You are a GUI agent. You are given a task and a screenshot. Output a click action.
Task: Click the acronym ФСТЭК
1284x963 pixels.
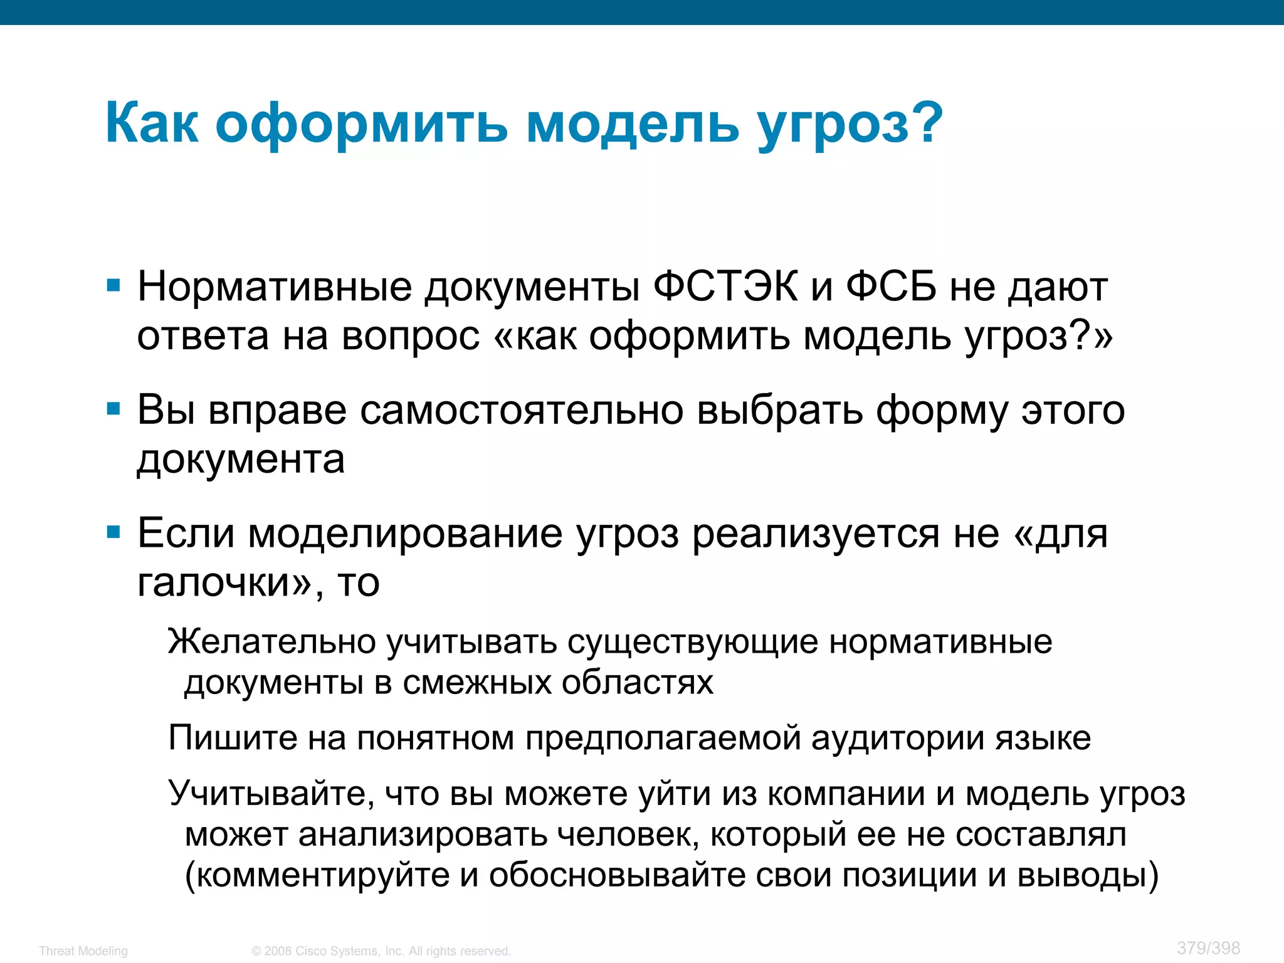(x=725, y=287)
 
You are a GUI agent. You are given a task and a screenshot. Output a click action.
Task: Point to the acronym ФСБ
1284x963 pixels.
(x=891, y=287)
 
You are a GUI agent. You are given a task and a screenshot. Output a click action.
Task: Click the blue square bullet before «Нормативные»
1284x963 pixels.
(x=113, y=287)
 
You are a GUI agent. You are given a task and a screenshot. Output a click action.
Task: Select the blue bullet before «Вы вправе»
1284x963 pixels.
(x=113, y=409)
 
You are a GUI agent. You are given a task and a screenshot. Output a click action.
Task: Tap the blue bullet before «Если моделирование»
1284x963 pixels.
(x=113, y=533)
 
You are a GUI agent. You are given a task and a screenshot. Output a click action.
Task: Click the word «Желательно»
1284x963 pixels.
(x=271, y=641)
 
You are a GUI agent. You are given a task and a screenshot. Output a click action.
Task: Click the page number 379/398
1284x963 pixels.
(x=1208, y=948)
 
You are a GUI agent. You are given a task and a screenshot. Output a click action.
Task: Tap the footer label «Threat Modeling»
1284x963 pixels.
(x=83, y=951)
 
